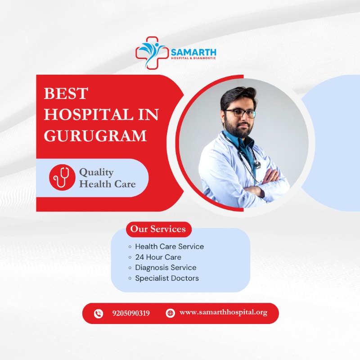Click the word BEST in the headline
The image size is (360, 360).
[x=66, y=94]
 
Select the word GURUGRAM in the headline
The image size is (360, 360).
[x=95, y=135]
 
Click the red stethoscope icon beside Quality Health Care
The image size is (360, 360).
[x=62, y=177]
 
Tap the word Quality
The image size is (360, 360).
[x=96, y=172]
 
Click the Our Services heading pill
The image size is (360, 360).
[x=158, y=229]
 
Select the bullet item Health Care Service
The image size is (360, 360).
[x=169, y=247]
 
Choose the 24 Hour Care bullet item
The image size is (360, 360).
[x=158, y=257]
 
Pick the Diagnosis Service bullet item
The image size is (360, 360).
[x=166, y=267]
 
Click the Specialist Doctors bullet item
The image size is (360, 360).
[x=166, y=278]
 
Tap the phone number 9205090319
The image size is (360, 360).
[x=131, y=313]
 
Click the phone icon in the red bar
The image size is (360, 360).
[x=99, y=313]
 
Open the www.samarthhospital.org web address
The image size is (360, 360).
[x=223, y=312]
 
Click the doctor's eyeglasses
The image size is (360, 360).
[x=240, y=113]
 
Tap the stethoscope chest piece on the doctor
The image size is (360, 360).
[x=257, y=165]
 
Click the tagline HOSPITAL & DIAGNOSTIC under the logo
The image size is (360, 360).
[x=193, y=58]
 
